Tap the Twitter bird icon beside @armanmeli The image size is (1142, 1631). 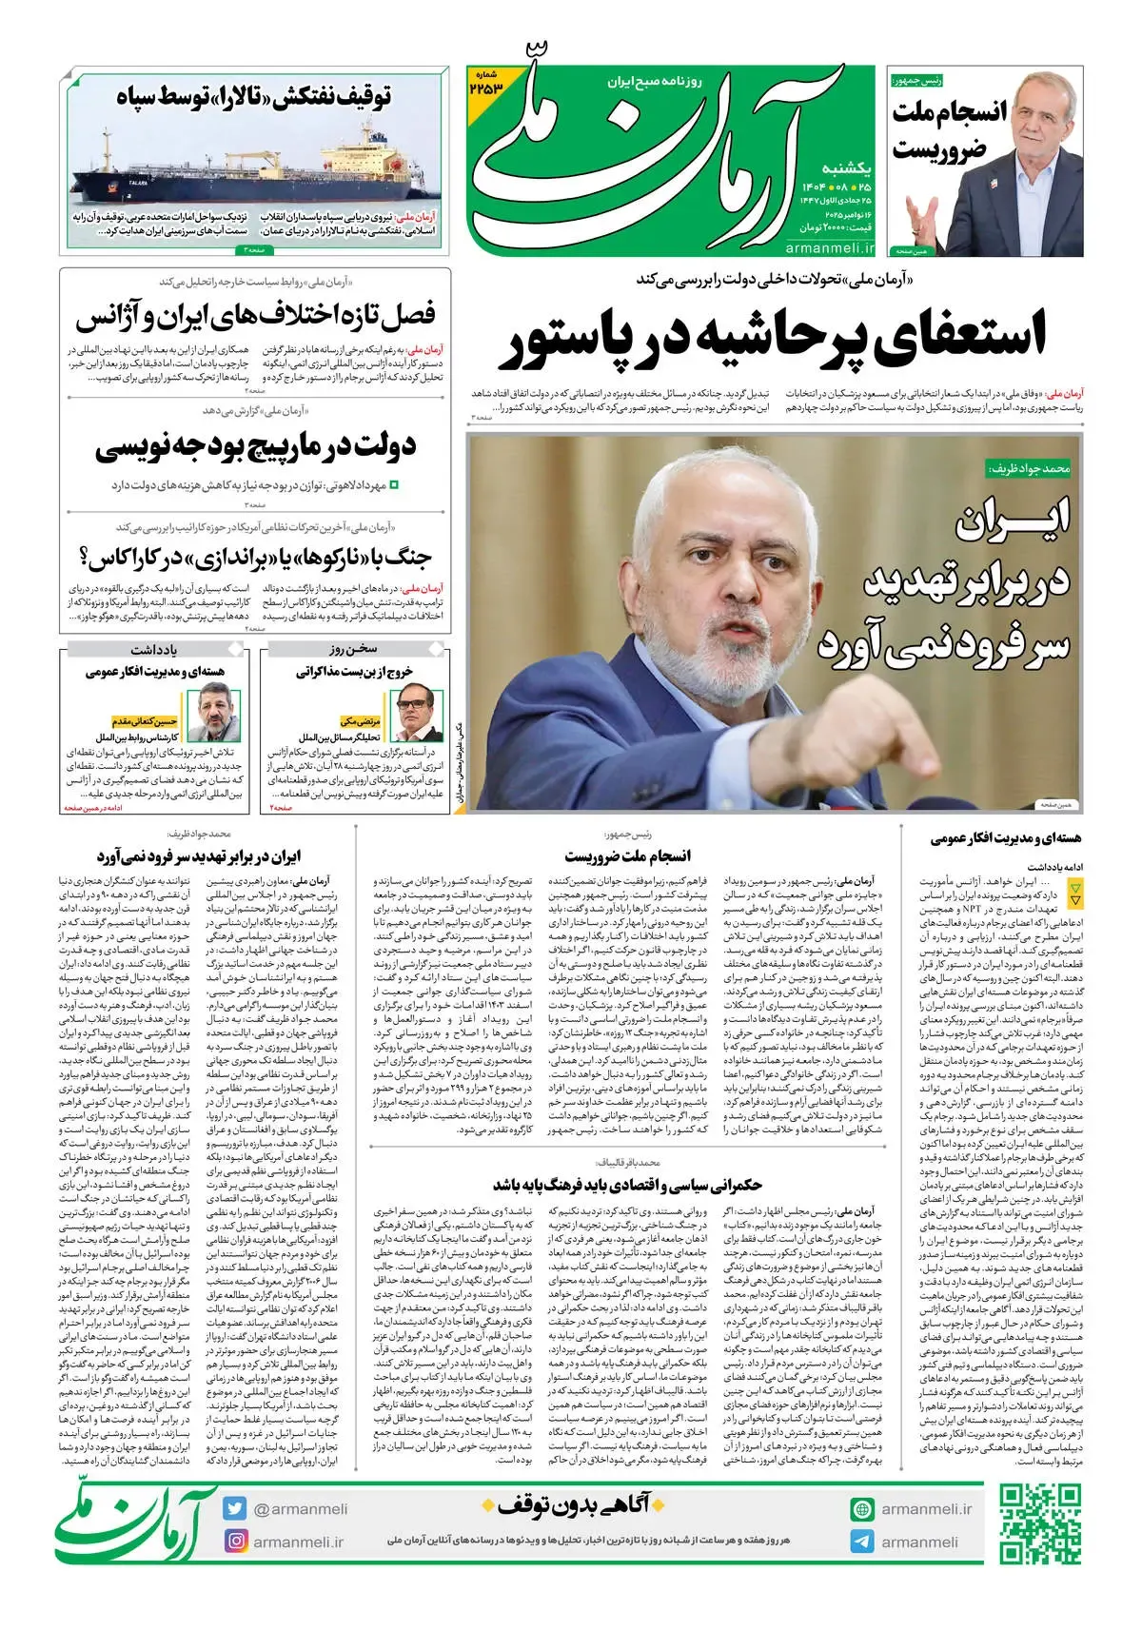(x=235, y=1508)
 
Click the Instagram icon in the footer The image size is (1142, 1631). (x=235, y=1541)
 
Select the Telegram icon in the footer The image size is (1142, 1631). (x=862, y=1542)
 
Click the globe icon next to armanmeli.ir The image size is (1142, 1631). (x=862, y=1509)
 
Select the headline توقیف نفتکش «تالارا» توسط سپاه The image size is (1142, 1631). (x=254, y=97)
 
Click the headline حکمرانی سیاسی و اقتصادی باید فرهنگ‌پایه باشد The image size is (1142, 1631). (x=628, y=1185)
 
